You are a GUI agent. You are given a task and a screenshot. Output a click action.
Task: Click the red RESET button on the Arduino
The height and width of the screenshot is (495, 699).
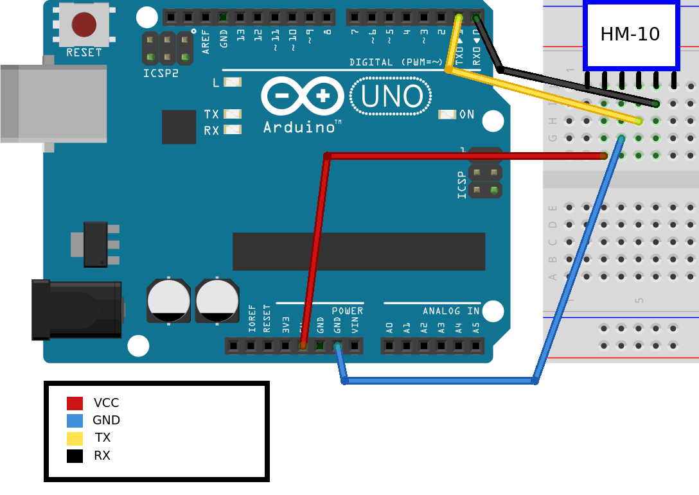pyautogui.click(x=84, y=24)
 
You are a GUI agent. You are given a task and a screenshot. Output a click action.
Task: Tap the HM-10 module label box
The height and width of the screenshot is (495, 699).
pyautogui.click(x=630, y=35)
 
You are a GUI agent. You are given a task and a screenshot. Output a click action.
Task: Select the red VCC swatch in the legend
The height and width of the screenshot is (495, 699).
pyautogui.click(x=75, y=403)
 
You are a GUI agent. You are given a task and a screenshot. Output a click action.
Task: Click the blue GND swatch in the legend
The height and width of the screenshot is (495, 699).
pyautogui.click(x=75, y=421)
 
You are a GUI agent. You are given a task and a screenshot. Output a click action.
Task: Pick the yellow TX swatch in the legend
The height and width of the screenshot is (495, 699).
pyautogui.click(x=75, y=439)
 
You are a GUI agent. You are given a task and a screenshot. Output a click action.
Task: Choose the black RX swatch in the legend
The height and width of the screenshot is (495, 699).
pyautogui.click(x=75, y=456)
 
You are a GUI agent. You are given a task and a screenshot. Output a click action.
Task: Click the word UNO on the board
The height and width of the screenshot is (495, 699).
pyautogui.click(x=391, y=96)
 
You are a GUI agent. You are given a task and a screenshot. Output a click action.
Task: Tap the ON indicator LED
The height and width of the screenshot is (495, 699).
pyautogui.click(x=447, y=114)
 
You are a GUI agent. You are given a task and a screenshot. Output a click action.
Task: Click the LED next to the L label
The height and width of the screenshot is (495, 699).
pyautogui.click(x=232, y=82)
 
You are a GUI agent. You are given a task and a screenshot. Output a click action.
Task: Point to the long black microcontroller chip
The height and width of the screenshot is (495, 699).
pyautogui.click(x=358, y=252)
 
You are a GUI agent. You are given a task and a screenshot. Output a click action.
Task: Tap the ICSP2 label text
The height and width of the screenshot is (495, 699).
pyautogui.click(x=161, y=73)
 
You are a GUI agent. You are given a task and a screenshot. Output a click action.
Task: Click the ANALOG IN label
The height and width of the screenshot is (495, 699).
pyautogui.click(x=451, y=311)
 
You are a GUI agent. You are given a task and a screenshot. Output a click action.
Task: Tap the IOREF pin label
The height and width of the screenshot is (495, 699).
pyautogui.click(x=251, y=318)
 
